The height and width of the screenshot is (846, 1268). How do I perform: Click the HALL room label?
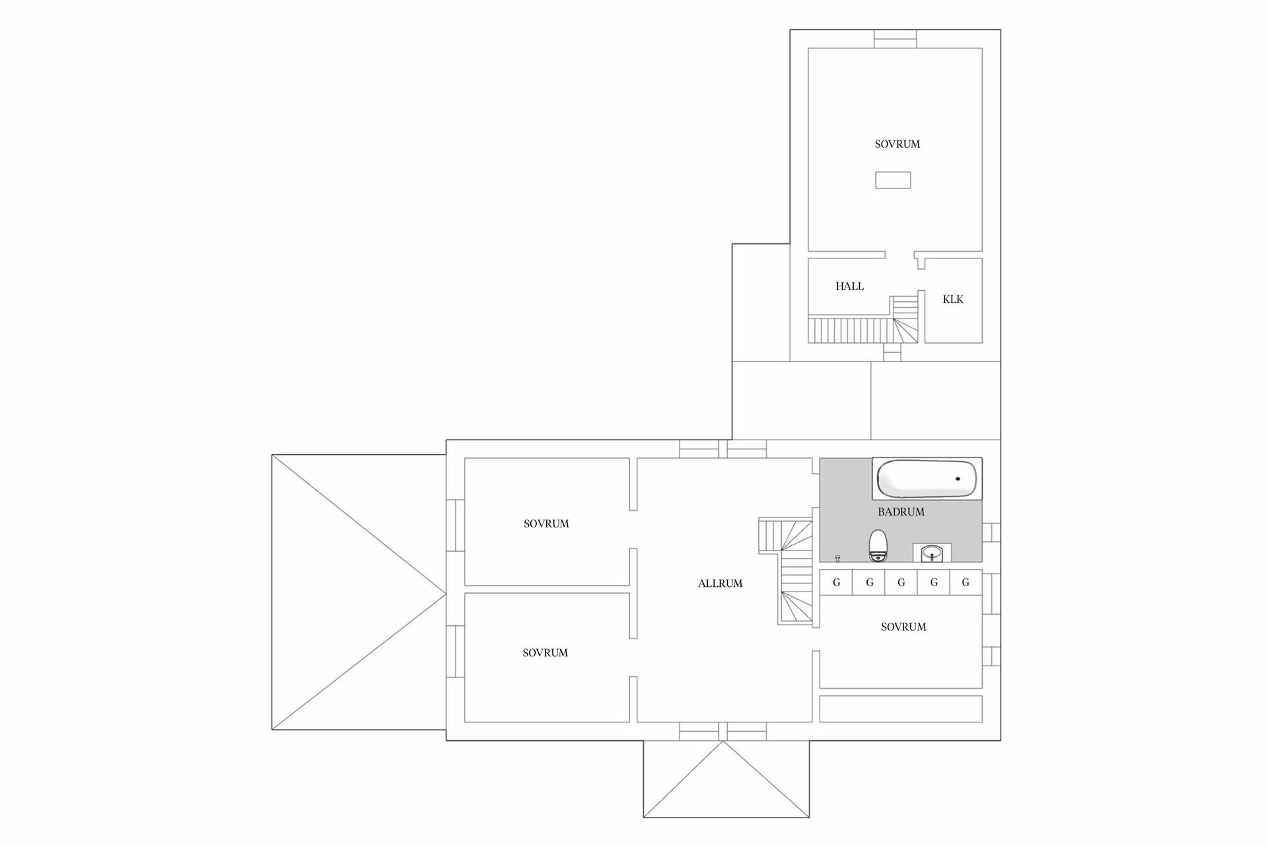tap(849, 286)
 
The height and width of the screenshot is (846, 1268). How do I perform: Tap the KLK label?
tap(952, 299)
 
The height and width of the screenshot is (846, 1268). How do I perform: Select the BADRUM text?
tap(901, 512)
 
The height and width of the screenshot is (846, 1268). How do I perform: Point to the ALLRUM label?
tap(720, 584)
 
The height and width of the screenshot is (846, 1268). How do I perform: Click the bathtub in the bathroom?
tap(927, 479)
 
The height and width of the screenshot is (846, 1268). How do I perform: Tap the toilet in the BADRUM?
tap(878, 546)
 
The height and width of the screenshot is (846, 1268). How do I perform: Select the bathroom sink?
tap(932, 553)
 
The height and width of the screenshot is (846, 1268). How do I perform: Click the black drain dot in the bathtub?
tap(958, 479)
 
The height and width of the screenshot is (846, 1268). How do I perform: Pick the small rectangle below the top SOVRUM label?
tap(893, 180)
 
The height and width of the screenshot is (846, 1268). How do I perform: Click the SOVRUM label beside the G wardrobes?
tap(903, 627)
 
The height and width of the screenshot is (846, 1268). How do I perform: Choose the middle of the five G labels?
tap(901, 583)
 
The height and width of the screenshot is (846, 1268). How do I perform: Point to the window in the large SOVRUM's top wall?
tap(896, 39)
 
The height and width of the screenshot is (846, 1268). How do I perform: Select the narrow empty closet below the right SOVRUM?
tap(901, 708)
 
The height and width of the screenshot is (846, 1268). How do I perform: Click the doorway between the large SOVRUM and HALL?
tap(899, 254)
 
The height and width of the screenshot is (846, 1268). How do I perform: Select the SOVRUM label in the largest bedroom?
tap(897, 144)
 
